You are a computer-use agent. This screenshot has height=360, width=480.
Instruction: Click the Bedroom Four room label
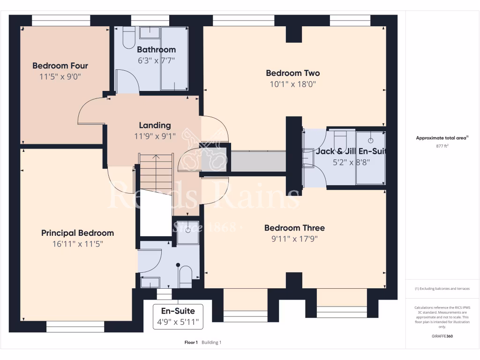[x=60, y=66]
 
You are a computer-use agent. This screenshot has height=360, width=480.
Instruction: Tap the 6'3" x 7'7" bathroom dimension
[x=156, y=60]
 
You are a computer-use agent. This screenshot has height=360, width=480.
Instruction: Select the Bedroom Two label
[x=293, y=73]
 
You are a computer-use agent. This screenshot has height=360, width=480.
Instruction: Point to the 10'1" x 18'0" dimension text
[x=293, y=84]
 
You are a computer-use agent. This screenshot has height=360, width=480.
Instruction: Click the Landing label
[x=155, y=125]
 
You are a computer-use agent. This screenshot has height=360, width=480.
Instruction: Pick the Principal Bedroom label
[x=77, y=233]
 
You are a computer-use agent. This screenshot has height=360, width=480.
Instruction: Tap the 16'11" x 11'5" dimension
[x=77, y=244]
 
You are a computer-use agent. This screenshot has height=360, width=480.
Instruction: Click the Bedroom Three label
[x=294, y=228]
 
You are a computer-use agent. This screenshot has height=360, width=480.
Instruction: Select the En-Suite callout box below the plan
[x=178, y=316]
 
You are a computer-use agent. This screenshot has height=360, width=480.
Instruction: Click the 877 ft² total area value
[x=442, y=146]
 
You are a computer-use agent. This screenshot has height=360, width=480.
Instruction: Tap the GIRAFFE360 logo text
[x=442, y=336]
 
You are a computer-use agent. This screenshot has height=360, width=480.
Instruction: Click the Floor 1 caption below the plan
[x=191, y=343]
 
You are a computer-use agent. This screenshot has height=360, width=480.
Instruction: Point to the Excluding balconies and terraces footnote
[x=442, y=289]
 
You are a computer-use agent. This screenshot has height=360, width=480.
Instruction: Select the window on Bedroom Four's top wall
[x=61, y=20]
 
